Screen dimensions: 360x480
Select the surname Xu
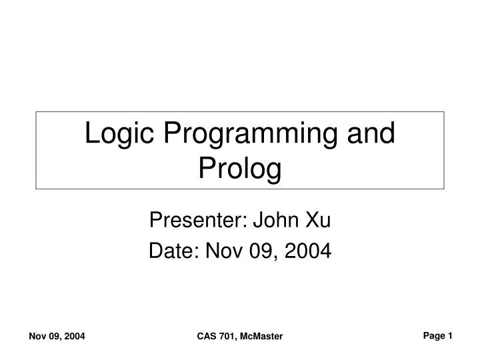pos(316,219)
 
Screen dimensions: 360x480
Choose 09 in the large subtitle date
pos(263,251)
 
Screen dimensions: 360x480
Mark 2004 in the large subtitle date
pos(307,251)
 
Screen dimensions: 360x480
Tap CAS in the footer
pos(207,338)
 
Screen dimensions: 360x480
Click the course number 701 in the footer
pos(227,338)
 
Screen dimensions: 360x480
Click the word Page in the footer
pos(434,337)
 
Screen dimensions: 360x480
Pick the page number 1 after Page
pos(451,336)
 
